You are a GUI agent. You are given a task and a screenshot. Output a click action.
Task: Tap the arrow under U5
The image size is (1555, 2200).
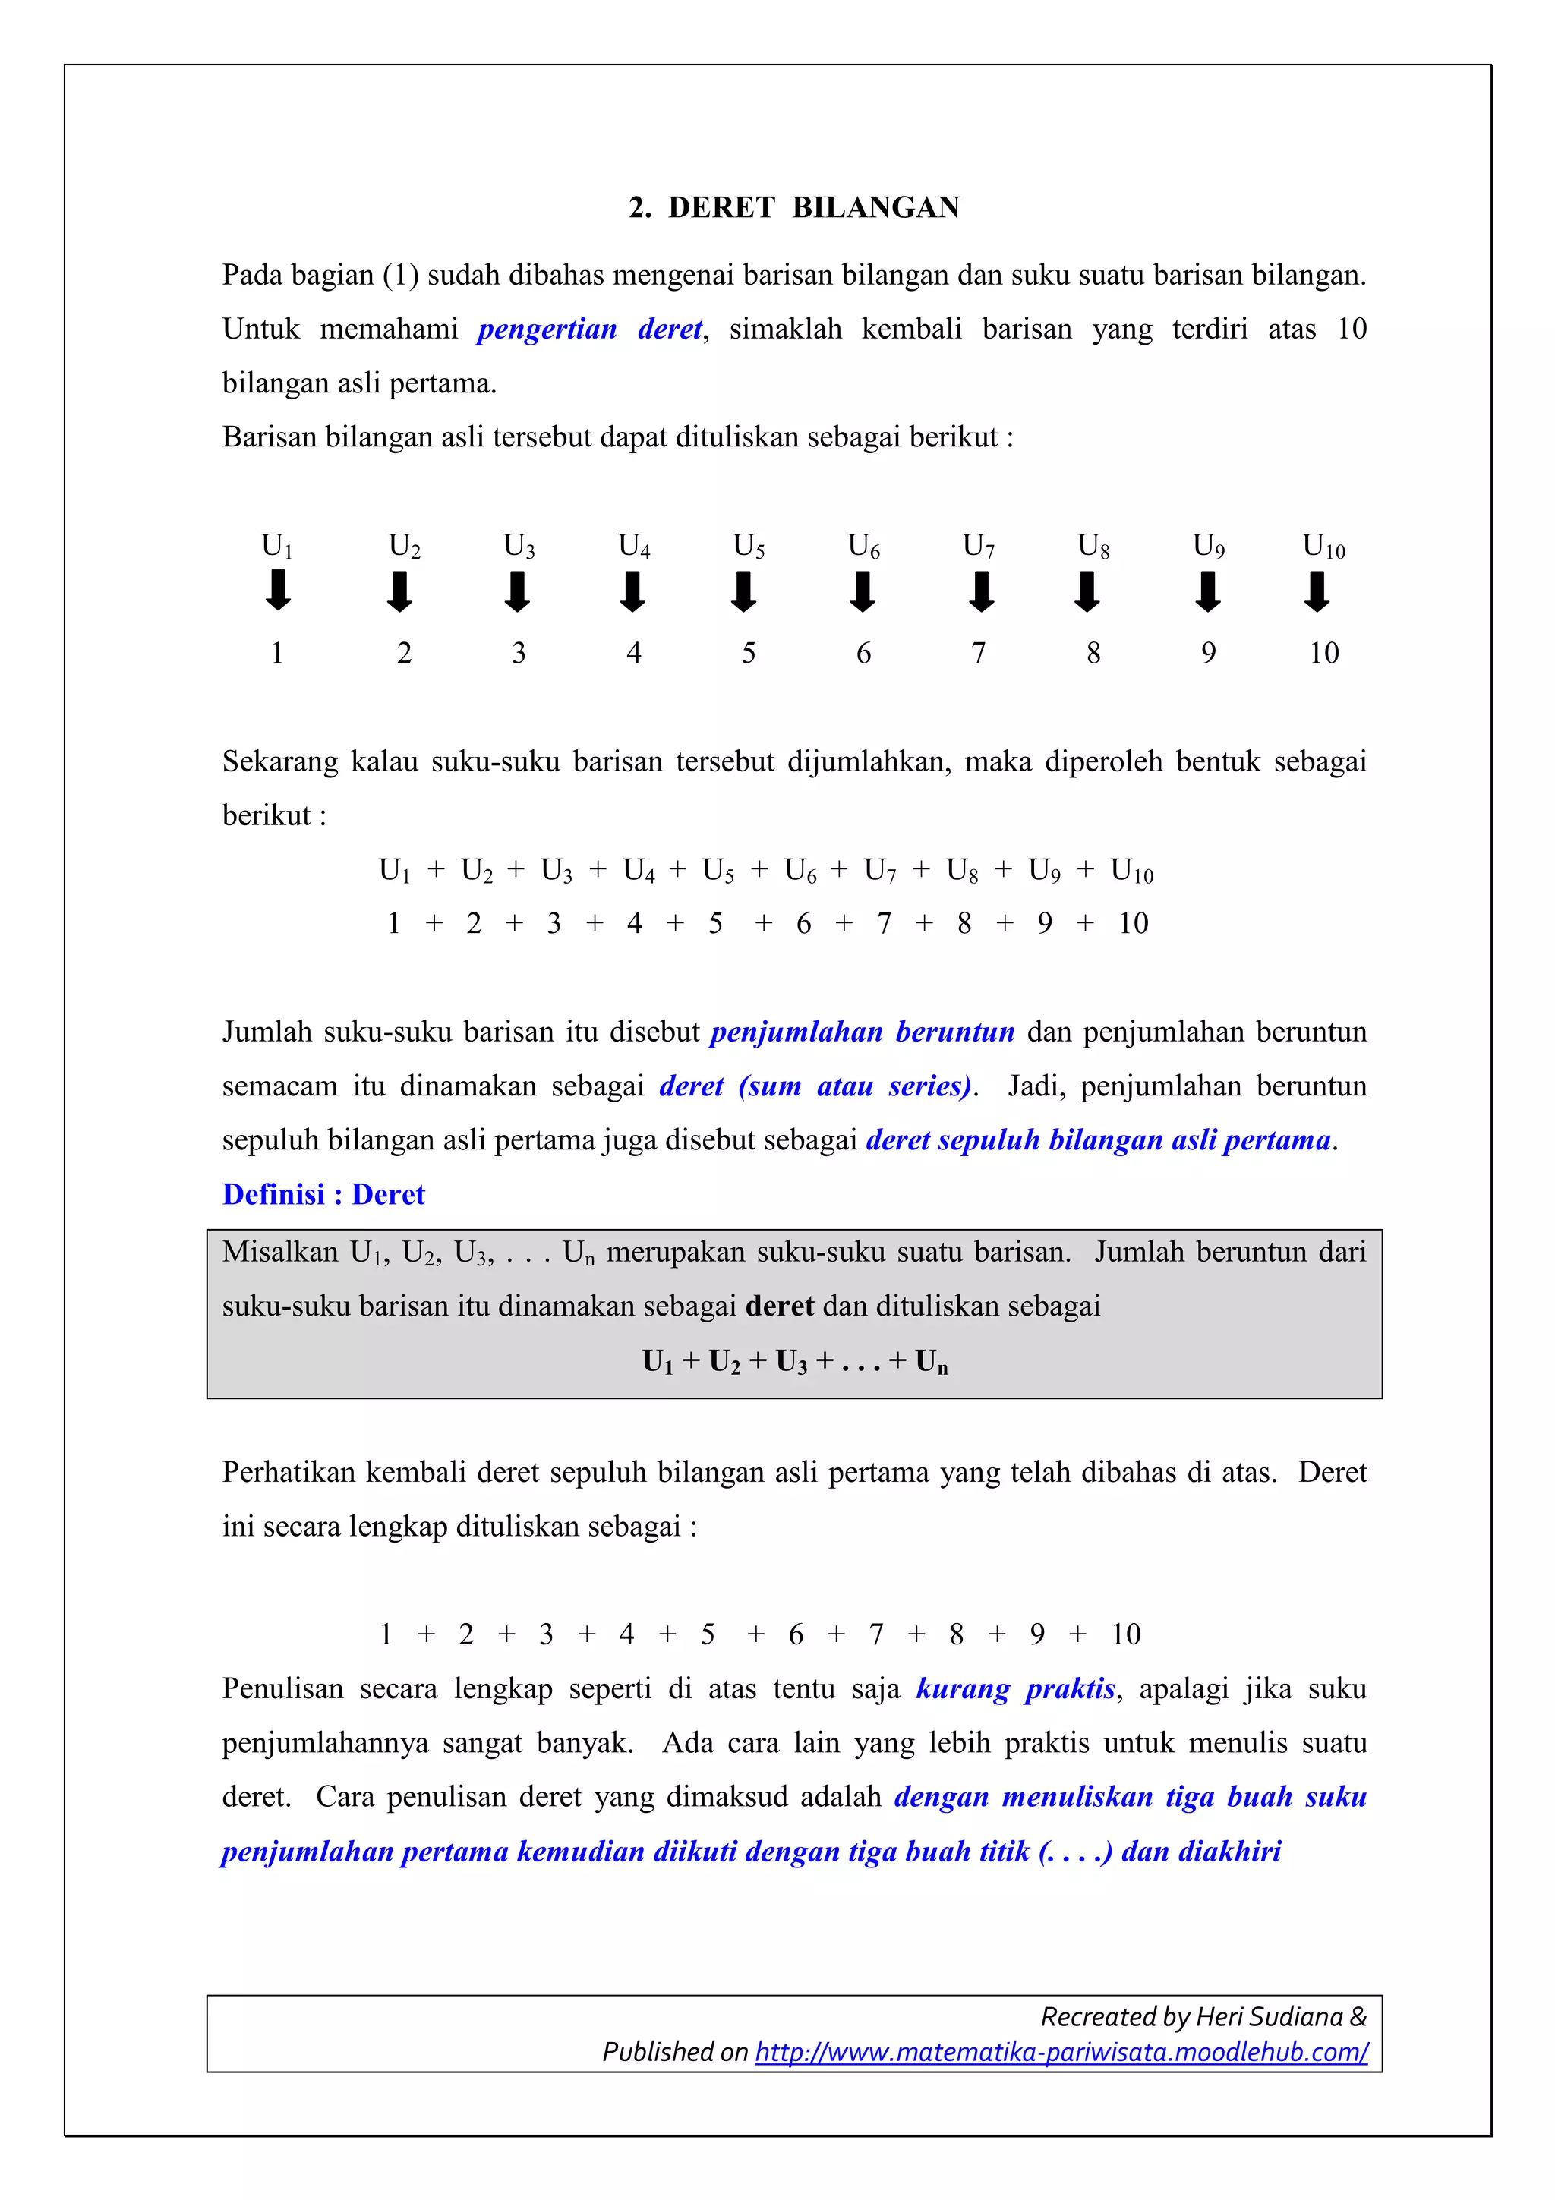(744, 591)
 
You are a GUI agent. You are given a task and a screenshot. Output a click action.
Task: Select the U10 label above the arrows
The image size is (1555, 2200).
(1323, 546)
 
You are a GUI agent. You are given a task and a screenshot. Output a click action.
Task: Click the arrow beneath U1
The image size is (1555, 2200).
(278, 591)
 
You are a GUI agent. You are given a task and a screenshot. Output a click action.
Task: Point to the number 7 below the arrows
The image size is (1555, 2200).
(978, 653)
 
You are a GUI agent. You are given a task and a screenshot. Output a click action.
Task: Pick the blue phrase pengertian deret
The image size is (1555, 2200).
(590, 329)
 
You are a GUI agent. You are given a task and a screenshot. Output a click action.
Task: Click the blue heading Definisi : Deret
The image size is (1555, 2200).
(323, 1194)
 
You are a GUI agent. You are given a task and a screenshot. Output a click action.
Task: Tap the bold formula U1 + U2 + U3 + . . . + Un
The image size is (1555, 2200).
(794, 1362)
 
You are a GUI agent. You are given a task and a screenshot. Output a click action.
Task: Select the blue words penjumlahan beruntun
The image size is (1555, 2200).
(863, 1032)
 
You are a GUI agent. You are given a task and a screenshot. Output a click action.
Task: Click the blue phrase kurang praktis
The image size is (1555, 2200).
(1016, 1688)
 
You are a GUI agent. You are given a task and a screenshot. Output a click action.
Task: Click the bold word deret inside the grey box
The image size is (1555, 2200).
(779, 1306)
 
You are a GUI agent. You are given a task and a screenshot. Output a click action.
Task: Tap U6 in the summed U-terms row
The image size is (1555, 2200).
(800, 870)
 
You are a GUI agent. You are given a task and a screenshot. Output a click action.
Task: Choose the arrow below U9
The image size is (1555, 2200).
(1208, 591)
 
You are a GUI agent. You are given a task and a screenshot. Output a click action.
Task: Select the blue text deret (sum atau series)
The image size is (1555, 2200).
(815, 1086)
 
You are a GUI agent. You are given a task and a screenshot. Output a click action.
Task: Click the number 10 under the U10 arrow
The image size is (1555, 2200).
(1324, 653)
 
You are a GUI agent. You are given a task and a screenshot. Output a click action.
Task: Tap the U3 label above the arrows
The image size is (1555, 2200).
(519, 546)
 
